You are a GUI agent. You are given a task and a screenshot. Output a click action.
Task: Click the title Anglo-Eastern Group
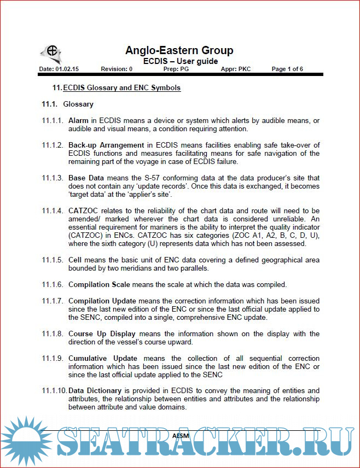(179, 50)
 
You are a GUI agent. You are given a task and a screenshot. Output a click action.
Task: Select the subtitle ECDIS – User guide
(181, 61)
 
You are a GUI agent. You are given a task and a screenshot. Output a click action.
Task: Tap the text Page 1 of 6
(287, 69)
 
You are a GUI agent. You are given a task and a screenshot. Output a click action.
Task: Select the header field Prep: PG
(176, 69)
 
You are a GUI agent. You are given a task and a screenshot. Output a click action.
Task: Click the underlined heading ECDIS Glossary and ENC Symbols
(122, 87)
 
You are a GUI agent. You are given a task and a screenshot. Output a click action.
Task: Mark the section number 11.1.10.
(54, 390)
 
